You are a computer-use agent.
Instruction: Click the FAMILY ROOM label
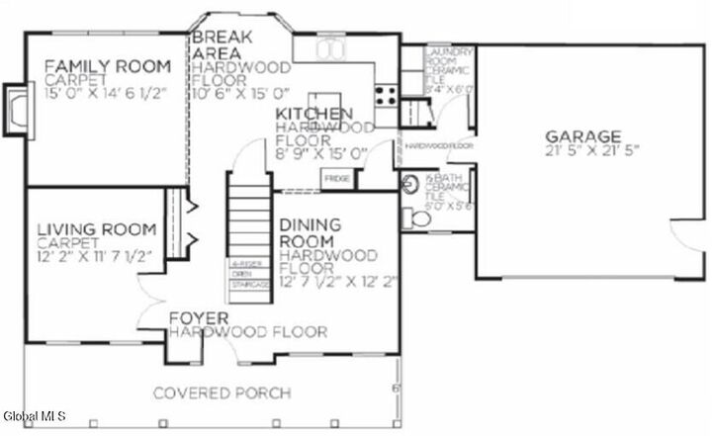point(107,66)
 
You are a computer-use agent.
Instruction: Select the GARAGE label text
point(582,135)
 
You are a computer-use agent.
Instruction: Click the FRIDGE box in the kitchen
point(335,178)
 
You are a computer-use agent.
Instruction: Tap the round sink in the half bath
point(410,183)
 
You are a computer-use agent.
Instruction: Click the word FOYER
point(199,318)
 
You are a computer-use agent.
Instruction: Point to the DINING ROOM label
point(310,232)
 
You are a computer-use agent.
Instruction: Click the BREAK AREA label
point(223,45)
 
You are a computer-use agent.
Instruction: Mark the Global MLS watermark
point(35,416)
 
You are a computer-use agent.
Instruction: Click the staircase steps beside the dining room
point(250,218)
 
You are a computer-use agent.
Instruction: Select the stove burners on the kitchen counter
point(386,96)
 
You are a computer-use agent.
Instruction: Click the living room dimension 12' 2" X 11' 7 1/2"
point(95,256)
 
